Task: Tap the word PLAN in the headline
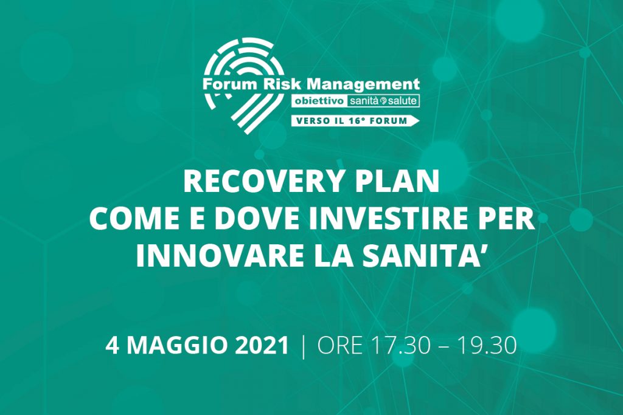click(395, 181)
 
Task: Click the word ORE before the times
click(340, 346)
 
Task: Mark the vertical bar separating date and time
click(304, 346)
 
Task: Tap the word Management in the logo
click(364, 84)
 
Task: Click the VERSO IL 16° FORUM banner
click(355, 121)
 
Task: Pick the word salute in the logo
click(402, 101)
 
